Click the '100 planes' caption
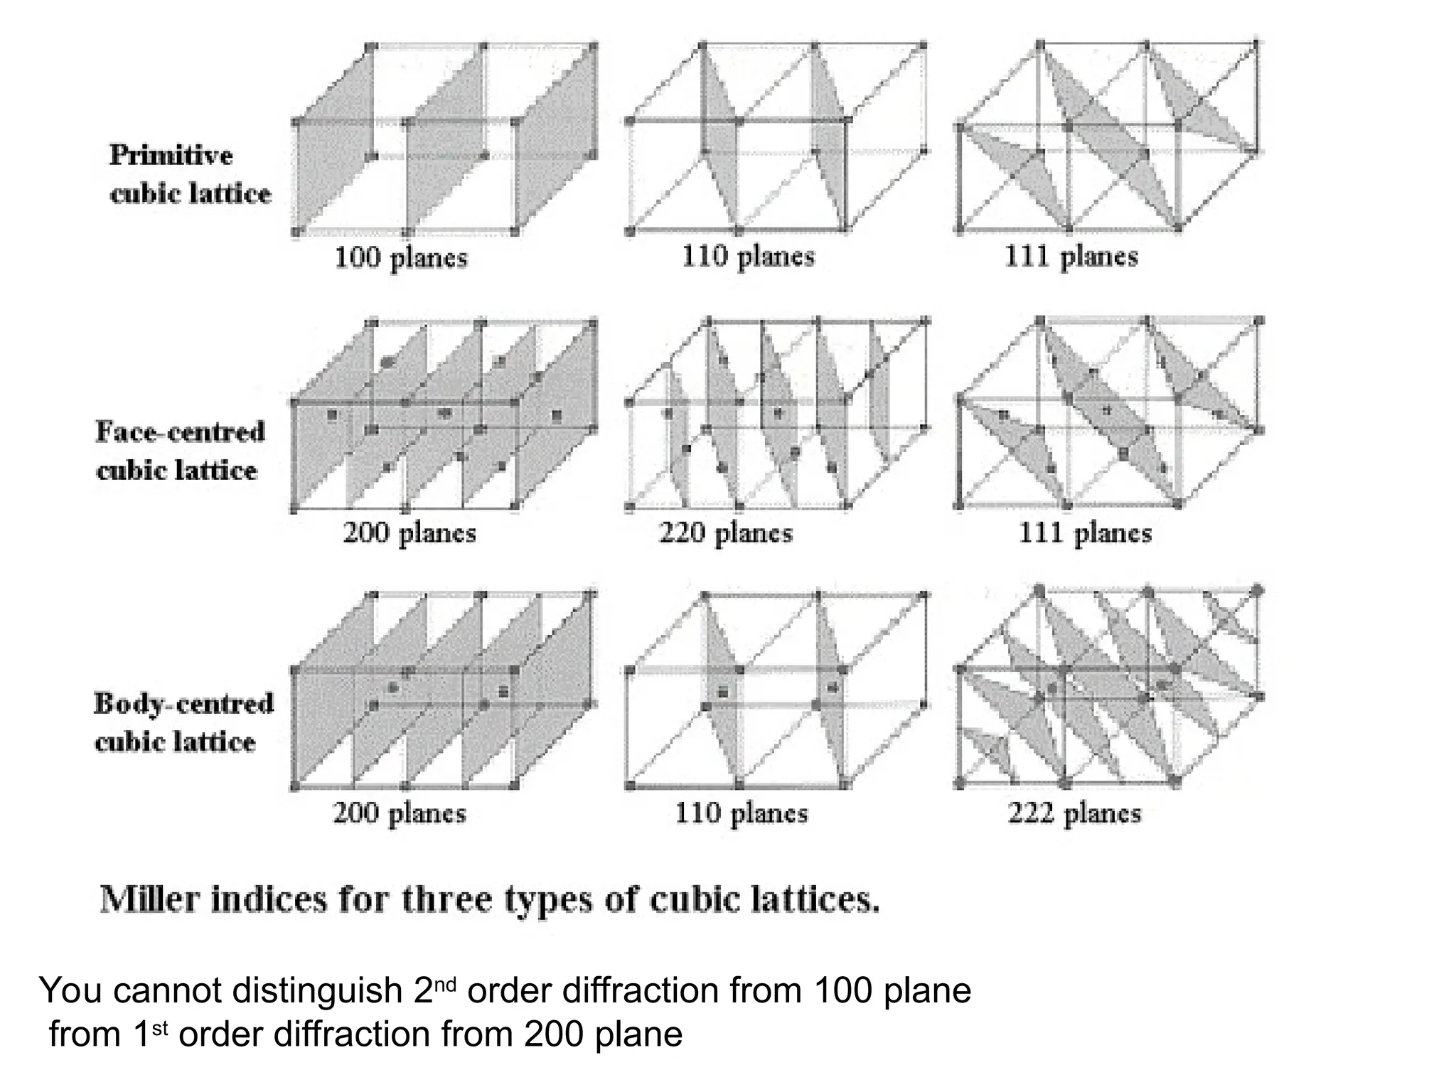pyautogui.click(x=401, y=257)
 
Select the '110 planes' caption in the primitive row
pyautogui.click(x=748, y=256)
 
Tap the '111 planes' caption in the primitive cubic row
pyautogui.click(x=1071, y=256)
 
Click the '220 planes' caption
pyautogui.click(x=725, y=532)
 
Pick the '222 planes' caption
pyautogui.click(x=1074, y=813)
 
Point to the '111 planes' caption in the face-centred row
pyautogui.click(x=1085, y=532)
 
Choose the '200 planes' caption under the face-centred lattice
pyautogui.click(x=409, y=532)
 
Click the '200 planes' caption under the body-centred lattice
pyautogui.click(x=400, y=813)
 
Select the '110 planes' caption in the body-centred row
pyautogui.click(x=742, y=813)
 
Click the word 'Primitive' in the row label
pyautogui.click(x=171, y=155)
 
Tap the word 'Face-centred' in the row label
pyautogui.click(x=180, y=432)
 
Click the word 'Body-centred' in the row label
pyautogui.click(x=183, y=704)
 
